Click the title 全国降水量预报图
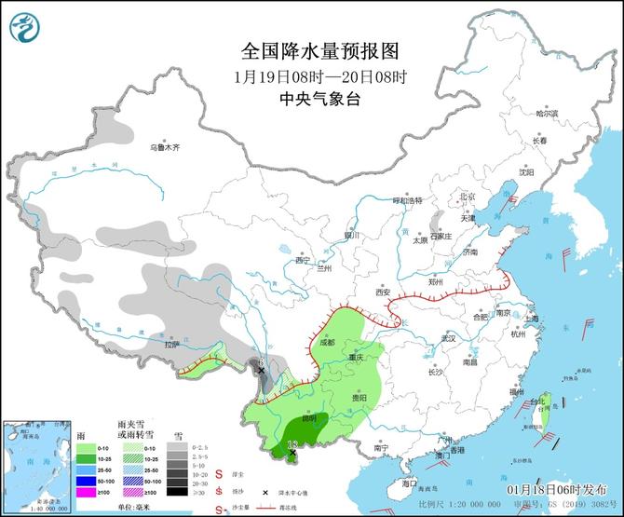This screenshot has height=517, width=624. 312,50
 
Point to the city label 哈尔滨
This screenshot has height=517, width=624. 547,114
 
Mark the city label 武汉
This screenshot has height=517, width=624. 449,337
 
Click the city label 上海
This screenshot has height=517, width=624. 532,318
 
